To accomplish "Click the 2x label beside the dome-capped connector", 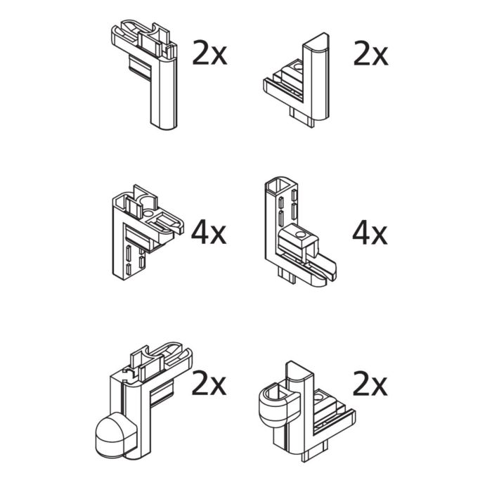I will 209,385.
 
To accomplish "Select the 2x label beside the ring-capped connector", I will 370,385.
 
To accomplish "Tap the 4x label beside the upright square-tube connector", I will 370,233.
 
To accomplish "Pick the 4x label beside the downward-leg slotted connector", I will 209,233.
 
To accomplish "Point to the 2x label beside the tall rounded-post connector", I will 370,53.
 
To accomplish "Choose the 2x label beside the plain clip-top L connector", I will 209,53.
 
